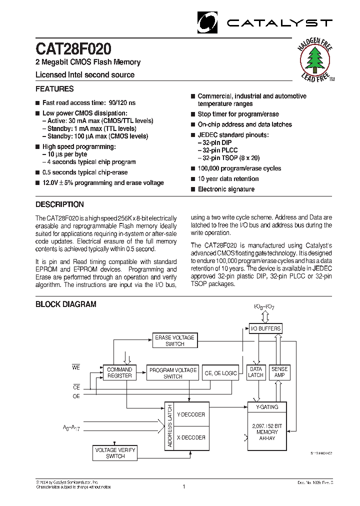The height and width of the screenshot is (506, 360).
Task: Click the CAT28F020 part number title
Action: (x=73, y=49)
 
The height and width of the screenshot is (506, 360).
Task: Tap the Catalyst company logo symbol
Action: (x=208, y=22)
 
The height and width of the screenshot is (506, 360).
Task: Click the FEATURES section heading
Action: (x=54, y=89)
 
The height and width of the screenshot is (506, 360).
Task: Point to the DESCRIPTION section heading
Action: (x=59, y=204)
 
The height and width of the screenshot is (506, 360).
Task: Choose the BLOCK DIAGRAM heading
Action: (x=65, y=304)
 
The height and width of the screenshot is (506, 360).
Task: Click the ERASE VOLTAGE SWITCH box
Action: (x=174, y=341)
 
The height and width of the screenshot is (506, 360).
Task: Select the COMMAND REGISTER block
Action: (x=120, y=372)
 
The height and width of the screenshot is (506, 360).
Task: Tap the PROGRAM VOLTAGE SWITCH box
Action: (x=173, y=373)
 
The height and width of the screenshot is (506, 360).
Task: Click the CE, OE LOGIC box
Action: (x=220, y=373)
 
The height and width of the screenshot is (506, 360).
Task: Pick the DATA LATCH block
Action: (x=255, y=372)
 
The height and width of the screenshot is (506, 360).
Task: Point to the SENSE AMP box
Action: (x=279, y=372)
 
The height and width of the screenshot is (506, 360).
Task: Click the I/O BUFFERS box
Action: (x=265, y=328)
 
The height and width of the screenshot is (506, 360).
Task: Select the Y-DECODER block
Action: (x=191, y=414)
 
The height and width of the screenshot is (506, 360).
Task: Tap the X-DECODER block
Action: (x=191, y=437)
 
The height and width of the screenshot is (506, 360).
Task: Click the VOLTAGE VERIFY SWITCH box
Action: (x=115, y=453)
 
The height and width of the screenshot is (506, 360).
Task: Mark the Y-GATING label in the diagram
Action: (x=267, y=407)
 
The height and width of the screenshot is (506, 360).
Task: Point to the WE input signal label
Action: (x=75, y=368)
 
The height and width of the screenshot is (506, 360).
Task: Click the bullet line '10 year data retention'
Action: (x=228, y=179)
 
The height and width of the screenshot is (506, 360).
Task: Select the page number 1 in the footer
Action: (x=184, y=486)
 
